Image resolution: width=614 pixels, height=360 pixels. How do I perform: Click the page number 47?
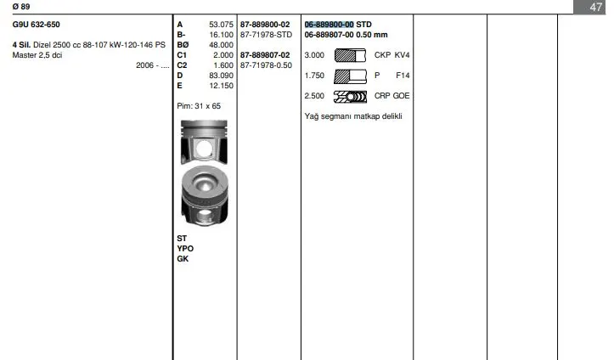pos(595,7)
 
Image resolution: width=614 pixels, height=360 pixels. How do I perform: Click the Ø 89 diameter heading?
pos(21,6)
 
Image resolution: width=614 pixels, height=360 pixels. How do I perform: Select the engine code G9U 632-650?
pos(36,25)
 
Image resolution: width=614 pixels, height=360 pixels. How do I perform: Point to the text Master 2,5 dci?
pos(37,55)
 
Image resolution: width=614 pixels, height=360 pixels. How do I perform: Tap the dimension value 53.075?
pos(221,25)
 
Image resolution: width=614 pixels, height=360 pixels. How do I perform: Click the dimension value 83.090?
pos(221,75)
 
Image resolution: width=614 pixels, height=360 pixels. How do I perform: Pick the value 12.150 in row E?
pos(221,85)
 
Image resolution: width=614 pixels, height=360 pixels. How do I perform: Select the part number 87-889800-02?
pos(265,25)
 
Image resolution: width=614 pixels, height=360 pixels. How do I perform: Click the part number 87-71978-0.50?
pos(266,65)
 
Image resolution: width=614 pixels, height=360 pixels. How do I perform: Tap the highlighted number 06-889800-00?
pos(329,25)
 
